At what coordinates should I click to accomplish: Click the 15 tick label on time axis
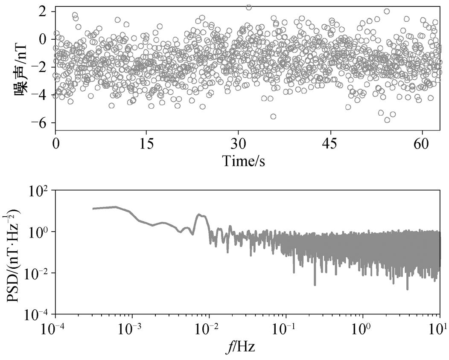(x=146, y=143)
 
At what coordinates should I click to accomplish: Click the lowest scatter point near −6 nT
(x=387, y=120)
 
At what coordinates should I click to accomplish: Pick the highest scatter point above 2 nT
(x=249, y=7)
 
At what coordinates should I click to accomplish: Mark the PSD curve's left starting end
(x=93, y=209)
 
